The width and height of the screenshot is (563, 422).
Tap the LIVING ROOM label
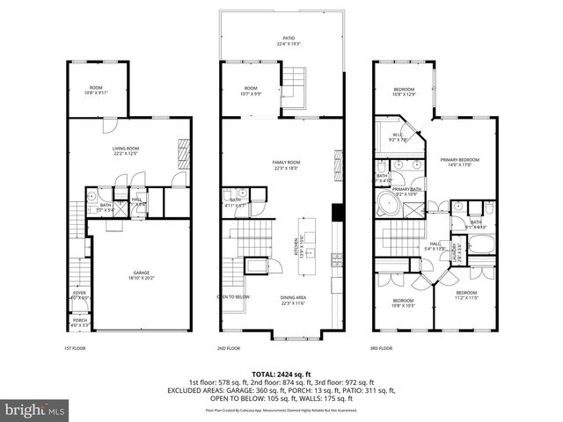pos(128,150)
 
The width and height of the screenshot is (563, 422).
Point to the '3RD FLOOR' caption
pos(380,348)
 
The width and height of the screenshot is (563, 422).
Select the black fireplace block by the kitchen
pos(336,215)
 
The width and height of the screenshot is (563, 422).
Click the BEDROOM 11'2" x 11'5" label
pos(466,295)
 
